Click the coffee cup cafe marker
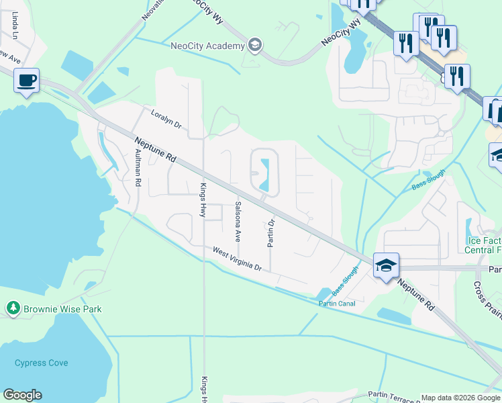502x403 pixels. (x=26, y=81)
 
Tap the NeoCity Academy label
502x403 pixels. (x=207, y=46)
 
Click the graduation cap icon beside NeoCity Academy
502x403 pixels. (x=254, y=46)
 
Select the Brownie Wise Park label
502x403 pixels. (x=63, y=309)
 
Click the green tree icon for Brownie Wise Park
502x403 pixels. (x=13, y=308)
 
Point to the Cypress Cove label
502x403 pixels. (x=42, y=363)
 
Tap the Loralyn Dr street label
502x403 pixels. (x=166, y=119)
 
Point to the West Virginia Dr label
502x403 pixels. (x=236, y=259)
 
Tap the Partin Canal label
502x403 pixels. (x=336, y=304)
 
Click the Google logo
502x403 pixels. (x=22, y=395)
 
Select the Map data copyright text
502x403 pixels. (x=460, y=398)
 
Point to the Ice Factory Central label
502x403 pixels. (x=483, y=245)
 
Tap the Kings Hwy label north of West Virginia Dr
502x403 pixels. (x=202, y=199)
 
